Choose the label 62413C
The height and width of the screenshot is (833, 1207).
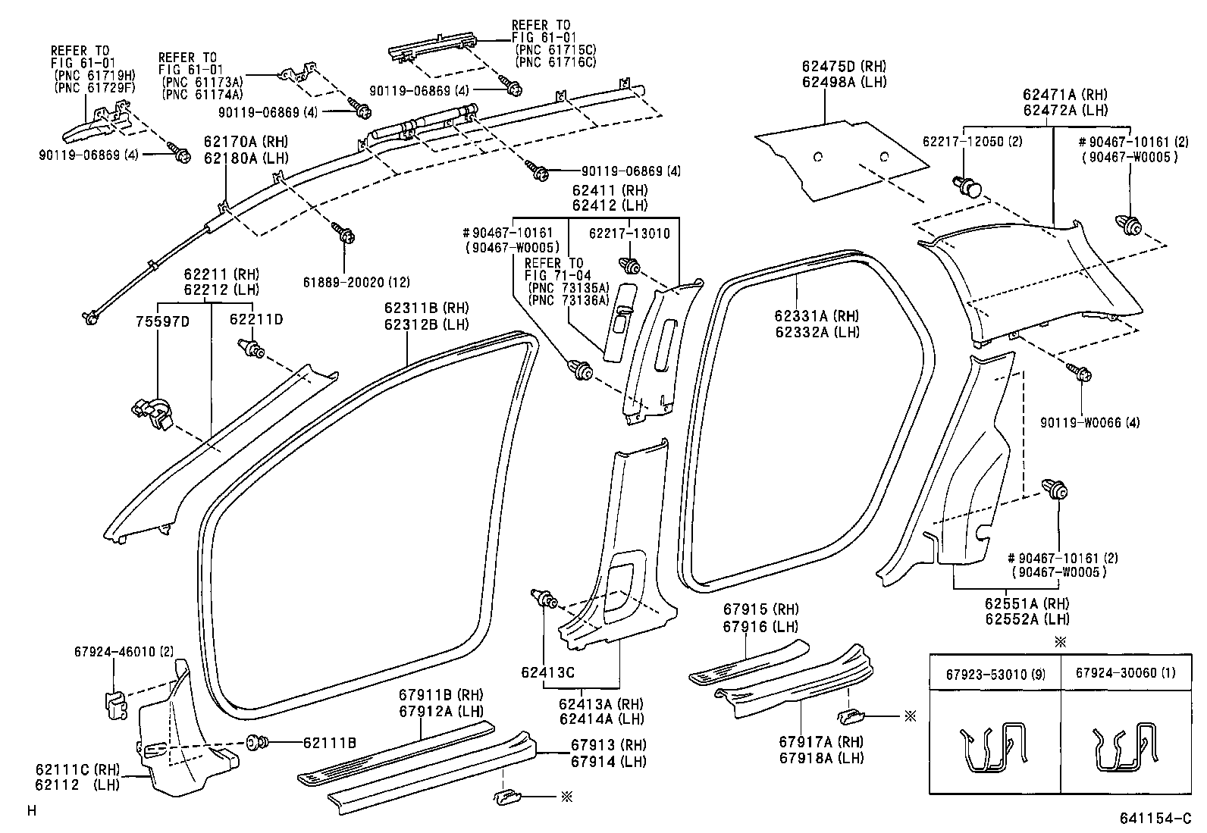547,672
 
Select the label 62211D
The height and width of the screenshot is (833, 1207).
256,320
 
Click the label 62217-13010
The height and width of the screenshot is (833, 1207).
629,233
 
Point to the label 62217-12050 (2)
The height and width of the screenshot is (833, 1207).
972,142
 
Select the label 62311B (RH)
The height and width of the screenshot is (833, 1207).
425,308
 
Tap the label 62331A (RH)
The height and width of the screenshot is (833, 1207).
817,316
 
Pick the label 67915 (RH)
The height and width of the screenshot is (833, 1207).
760,610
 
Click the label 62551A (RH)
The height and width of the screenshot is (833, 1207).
1027,603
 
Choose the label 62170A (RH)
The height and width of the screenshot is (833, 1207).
245,141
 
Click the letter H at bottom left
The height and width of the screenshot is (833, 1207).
31,810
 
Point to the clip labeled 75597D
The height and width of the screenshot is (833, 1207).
154,412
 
